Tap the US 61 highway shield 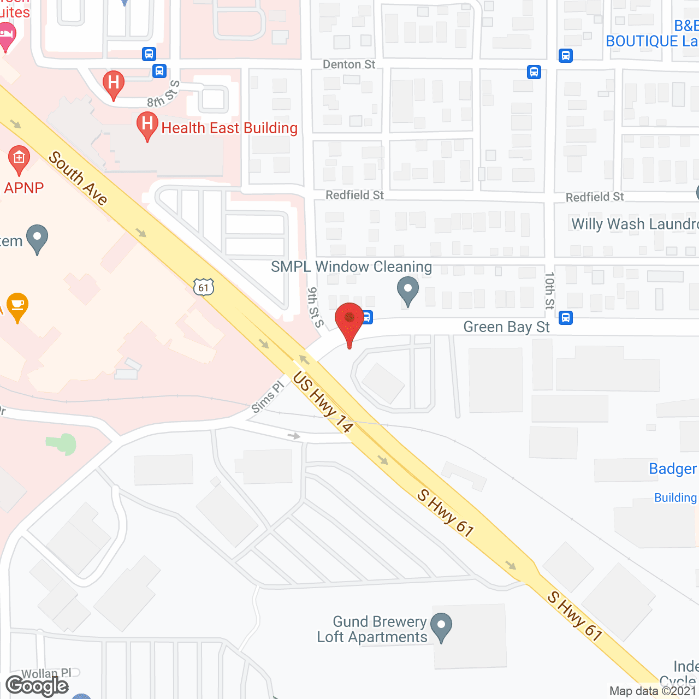click(x=204, y=287)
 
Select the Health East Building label click(x=229, y=128)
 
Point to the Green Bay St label click(x=506, y=327)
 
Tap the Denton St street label click(x=349, y=64)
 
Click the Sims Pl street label click(x=268, y=397)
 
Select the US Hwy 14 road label click(x=323, y=402)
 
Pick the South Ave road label click(x=79, y=178)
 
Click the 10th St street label click(x=549, y=291)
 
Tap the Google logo click(x=37, y=685)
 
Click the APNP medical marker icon click(x=19, y=159)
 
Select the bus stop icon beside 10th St click(x=566, y=317)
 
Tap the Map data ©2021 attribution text click(x=653, y=691)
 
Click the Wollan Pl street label click(x=46, y=673)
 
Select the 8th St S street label click(x=163, y=94)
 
